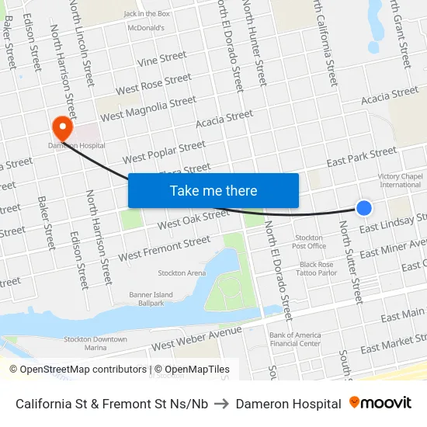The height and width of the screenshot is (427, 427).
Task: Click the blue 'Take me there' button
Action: (213, 190)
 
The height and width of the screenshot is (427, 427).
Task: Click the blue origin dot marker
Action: (363, 207)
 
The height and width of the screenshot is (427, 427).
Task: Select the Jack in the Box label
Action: (147, 14)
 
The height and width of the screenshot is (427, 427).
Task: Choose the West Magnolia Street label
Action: (148, 109)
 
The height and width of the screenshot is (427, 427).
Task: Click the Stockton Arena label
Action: (182, 273)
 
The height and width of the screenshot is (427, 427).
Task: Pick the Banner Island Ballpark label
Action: (151, 299)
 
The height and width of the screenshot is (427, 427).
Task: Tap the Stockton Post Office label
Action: (309, 241)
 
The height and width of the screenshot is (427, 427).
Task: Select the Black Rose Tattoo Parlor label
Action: (316, 269)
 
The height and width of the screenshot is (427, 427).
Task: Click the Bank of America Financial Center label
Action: (295, 339)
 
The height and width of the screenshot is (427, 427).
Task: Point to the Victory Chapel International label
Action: (400, 181)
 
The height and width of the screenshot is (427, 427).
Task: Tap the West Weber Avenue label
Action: (197, 338)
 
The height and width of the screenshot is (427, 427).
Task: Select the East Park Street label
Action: (361, 158)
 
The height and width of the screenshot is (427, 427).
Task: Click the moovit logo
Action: (380, 403)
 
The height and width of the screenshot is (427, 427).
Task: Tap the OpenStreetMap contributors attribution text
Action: (78, 370)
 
